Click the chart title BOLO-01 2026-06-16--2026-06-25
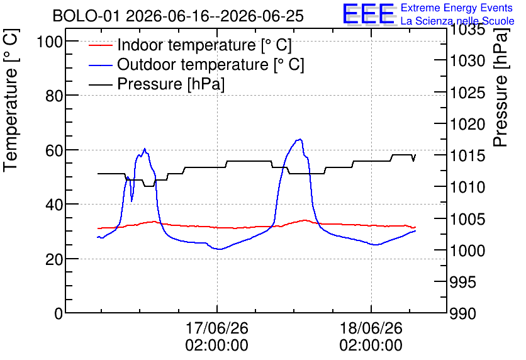click(x=178, y=16)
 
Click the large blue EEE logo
click(x=369, y=13)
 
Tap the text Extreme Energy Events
click(x=457, y=8)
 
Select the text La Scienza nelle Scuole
click(x=457, y=21)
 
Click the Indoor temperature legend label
click(x=204, y=45)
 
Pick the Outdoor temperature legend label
click(x=211, y=64)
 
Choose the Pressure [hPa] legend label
click(x=171, y=84)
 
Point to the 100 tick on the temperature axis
click(x=50, y=42)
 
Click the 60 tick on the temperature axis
click(x=54, y=150)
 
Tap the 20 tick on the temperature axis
click(x=54, y=259)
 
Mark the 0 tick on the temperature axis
click(x=59, y=313)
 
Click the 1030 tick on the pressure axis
click(x=467, y=60)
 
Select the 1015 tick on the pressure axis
click(x=467, y=155)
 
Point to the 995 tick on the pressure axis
click(x=462, y=282)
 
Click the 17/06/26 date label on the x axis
click(x=216, y=328)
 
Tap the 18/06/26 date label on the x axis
click(x=371, y=328)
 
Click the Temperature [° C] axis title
click(x=11, y=101)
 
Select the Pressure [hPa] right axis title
click(x=501, y=87)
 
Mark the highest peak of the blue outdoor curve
click(x=300, y=139)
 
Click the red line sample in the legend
click(x=100, y=45)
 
